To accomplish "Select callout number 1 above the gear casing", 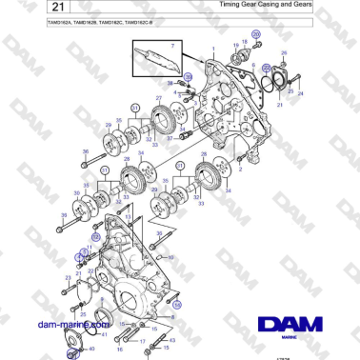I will [x=212, y=48].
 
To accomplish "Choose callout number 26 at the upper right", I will [x=283, y=54].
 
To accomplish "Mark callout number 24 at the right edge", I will [x=301, y=94].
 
